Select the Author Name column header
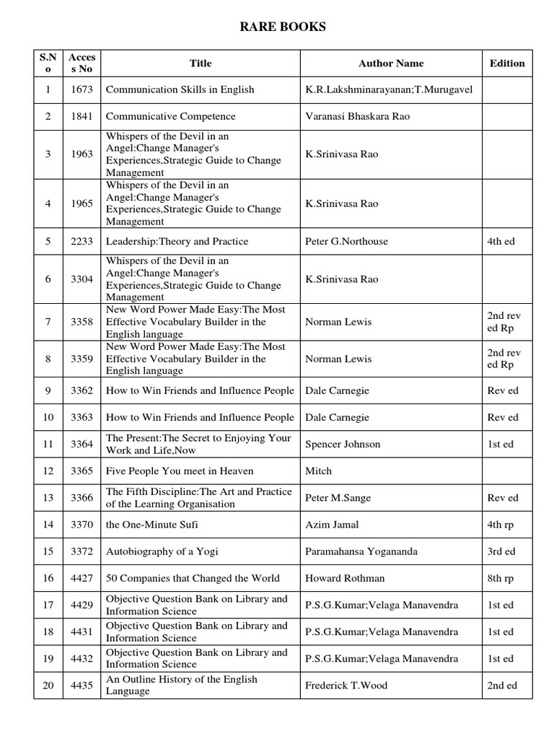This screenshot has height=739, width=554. click(x=391, y=64)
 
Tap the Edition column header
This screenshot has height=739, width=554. click(x=507, y=64)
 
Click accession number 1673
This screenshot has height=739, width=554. click(x=82, y=90)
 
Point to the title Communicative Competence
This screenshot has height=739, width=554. click(x=171, y=117)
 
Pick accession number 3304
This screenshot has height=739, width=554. click(x=82, y=279)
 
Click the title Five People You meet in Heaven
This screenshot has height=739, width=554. click(x=180, y=471)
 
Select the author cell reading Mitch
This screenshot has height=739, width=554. click(x=319, y=471)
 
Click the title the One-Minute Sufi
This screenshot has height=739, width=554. click(x=151, y=525)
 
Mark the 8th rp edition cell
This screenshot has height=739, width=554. click(x=501, y=578)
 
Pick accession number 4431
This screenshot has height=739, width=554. click(x=82, y=632)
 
